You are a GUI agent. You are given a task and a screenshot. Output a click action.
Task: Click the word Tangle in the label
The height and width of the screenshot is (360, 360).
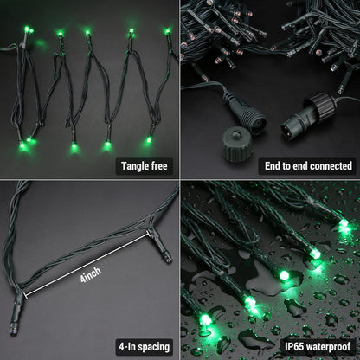pos(132,165)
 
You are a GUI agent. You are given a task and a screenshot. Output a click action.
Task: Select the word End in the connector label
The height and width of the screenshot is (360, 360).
pos(276,165)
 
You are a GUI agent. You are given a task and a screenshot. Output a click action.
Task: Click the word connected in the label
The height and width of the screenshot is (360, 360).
pos(330,165)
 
